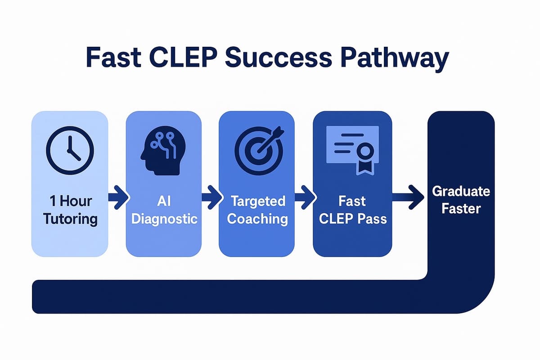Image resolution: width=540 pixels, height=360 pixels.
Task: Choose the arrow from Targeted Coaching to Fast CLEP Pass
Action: (x=304, y=198)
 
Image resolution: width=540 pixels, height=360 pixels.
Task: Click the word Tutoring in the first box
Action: (x=71, y=219)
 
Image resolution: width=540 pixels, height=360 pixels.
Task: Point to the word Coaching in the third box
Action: (x=257, y=219)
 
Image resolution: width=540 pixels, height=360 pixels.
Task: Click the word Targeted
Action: (x=257, y=201)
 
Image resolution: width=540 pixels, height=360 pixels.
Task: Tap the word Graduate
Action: (x=461, y=191)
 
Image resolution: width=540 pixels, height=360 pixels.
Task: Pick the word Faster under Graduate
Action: (x=461, y=209)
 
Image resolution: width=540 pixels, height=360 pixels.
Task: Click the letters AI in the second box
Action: (x=164, y=201)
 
